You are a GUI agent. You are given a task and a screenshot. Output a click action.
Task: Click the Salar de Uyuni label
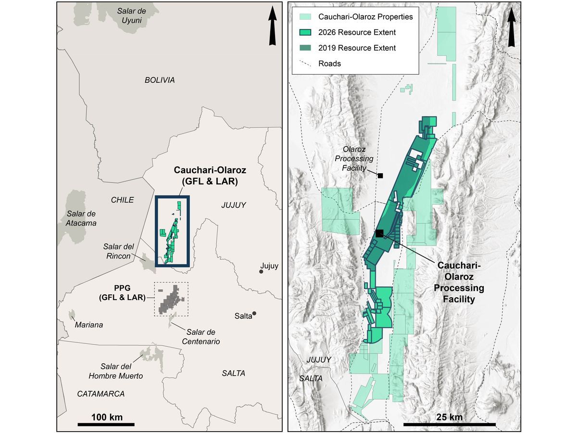tap(131, 16)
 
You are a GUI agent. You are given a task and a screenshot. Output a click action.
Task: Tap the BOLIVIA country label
tap(160, 80)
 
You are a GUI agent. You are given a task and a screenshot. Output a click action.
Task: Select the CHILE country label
tap(122, 200)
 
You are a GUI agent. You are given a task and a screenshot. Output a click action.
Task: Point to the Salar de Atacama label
tap(81, 218)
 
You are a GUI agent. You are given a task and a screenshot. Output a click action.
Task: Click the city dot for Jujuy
tap(261, 272)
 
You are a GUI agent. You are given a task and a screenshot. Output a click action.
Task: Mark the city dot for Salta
tap(254, 314)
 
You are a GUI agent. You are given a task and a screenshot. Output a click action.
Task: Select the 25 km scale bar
tap(449, 424)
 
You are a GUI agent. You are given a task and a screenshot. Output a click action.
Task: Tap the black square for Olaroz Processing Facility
tap(380, 176)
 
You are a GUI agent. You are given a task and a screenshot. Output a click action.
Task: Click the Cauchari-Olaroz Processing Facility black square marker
tap(379, 233)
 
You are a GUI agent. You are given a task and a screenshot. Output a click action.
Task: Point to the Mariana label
tap(89, 325)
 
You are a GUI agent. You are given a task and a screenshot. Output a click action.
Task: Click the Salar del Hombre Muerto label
tap(122, 371)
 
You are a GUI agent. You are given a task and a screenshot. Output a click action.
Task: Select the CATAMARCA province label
tap(101, 394)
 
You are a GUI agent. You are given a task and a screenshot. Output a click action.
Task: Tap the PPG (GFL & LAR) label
tap(122, 293)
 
